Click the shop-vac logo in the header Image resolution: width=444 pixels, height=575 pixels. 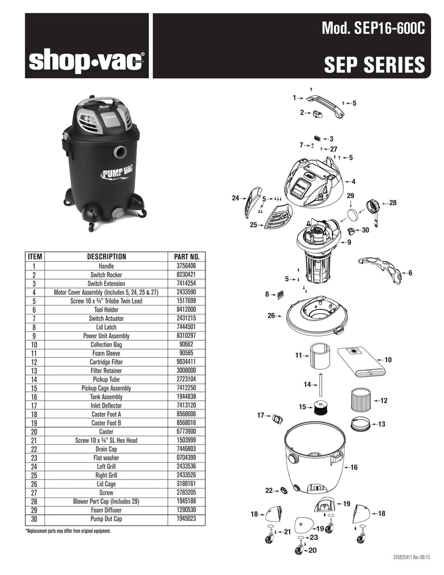86,61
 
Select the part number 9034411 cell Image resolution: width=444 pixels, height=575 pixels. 186,362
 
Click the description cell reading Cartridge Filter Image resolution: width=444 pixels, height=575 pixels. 106,362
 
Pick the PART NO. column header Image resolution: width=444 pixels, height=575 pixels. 186,257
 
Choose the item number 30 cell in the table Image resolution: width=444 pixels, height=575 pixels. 34,519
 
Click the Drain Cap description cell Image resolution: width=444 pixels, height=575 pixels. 106,449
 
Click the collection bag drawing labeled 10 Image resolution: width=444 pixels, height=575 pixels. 361,361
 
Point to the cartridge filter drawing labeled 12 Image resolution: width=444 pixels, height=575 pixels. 361,400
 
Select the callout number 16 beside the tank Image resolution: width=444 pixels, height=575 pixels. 354,467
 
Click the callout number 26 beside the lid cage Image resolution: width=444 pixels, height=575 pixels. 271,316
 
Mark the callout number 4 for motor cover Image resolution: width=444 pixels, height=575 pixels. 354,181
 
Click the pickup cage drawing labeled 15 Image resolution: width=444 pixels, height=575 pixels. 321,408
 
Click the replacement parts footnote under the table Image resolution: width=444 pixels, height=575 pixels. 68,531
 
